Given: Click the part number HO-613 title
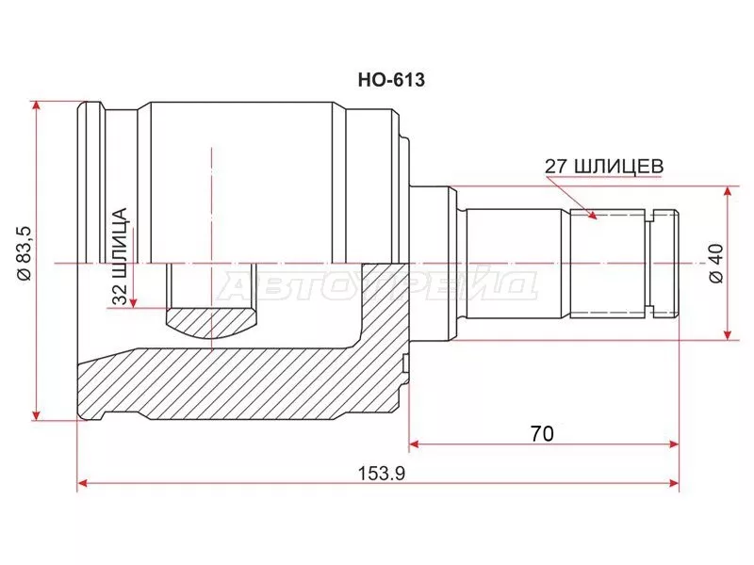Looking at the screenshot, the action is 391,80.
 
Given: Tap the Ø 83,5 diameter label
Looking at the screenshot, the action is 24,253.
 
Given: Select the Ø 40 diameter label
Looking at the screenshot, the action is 716,264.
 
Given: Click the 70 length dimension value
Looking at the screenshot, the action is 542,434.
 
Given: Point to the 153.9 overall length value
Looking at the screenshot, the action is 382,474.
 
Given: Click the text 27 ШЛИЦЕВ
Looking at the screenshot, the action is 604,167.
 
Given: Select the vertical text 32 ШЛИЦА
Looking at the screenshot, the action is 120,256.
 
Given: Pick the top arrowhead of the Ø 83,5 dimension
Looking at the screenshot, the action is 36,106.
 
